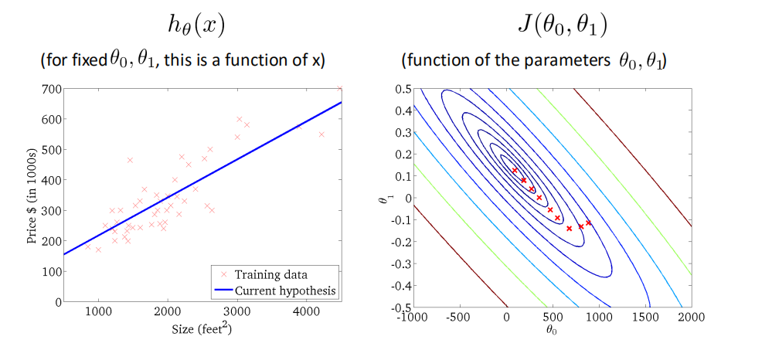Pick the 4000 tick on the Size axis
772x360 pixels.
pos(307,312)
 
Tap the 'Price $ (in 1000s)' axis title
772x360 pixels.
pos(32,195)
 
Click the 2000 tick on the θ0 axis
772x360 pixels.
pos(690,316)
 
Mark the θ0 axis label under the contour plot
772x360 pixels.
pos(552,330)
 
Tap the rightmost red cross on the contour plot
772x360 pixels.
pos(589,222)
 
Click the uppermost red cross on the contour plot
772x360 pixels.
pos(514,170)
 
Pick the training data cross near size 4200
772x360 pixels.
pos(321,134)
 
